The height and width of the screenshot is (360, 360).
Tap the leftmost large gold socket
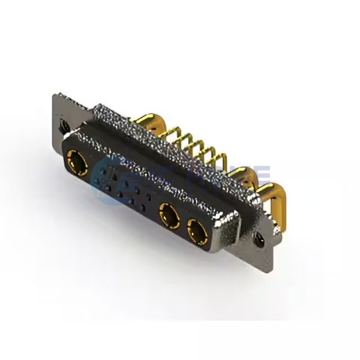tap(78, 163)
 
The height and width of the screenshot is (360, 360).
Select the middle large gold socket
tap(168, 215)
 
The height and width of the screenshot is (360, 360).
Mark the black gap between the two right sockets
tap(182, 223)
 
